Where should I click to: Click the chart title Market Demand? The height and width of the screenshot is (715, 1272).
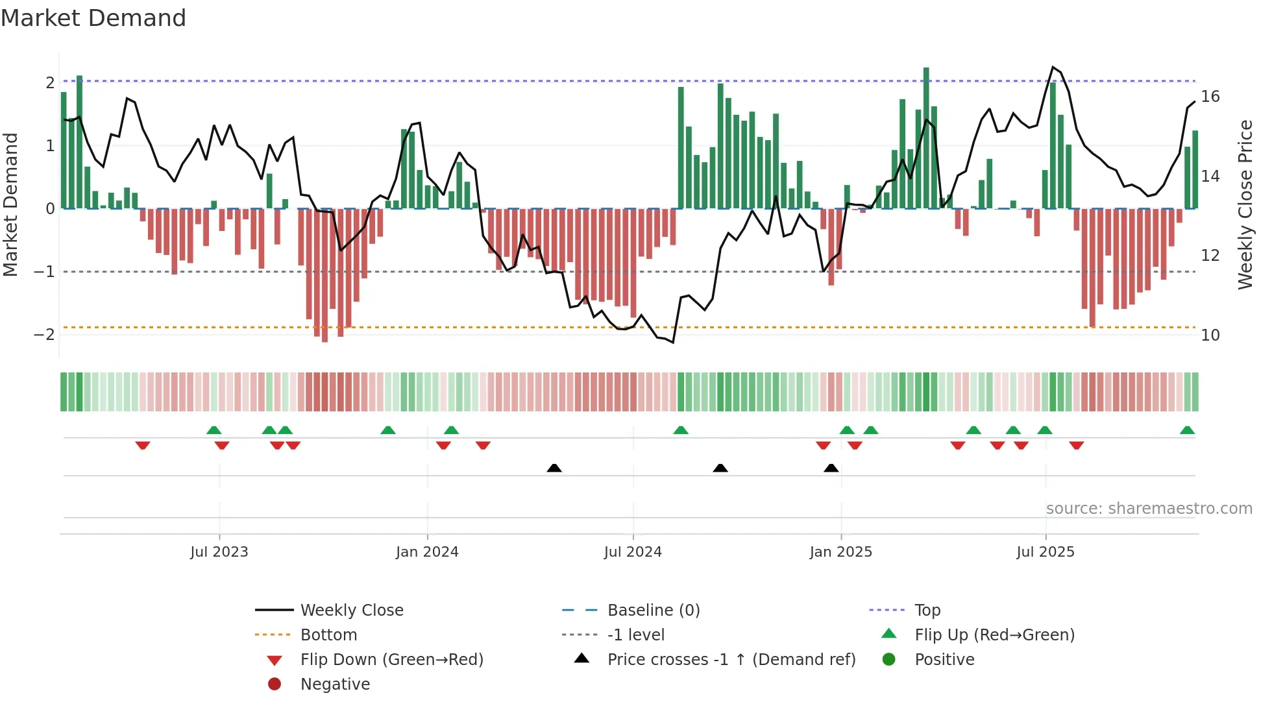pos(93,18)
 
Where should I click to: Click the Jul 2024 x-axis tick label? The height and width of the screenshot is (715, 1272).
pos(633,552)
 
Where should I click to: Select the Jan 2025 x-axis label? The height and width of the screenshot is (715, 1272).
pos(840,552)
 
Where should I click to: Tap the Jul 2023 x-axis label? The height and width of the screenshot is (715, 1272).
pos(219,552)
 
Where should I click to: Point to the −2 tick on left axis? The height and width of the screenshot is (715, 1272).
pos(44,335)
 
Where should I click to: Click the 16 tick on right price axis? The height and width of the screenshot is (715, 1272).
pos(1210,97)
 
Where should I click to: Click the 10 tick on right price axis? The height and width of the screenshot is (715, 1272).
pos(1210,335)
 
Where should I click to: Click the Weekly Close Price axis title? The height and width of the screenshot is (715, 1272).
pos(1245,204)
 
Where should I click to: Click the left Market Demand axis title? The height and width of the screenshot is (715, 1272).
pos(11,204)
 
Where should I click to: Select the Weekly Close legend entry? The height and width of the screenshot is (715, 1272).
pos(352,611)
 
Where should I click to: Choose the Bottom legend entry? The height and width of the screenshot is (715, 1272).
pos(328,635)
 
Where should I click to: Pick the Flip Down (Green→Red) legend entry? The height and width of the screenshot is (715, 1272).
pos(391,660)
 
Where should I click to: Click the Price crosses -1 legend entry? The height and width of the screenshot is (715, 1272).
pos(731,660)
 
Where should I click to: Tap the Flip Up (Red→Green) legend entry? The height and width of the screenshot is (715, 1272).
pos(994,635)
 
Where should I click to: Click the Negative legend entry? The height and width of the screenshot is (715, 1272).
pos(335,685)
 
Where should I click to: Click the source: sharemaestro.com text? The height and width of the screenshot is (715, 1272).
pos(1149,509)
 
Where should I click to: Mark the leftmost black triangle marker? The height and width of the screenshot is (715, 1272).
pos(554,468)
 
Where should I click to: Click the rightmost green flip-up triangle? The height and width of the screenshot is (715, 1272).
pos(1187,430)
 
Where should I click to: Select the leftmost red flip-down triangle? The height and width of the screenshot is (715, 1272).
pos(143,445)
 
